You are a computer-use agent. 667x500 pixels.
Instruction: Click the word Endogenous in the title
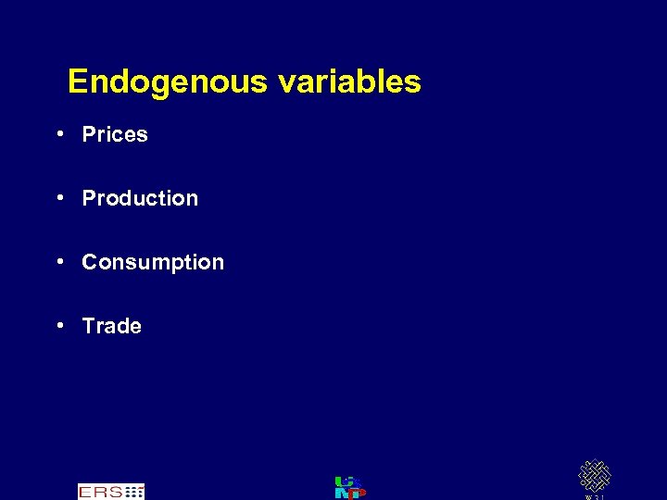[168, 82]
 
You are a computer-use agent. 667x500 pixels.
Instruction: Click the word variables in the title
[349, 81]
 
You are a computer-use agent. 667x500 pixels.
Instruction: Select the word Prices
[115, 134]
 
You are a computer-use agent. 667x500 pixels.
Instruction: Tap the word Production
[140, 198]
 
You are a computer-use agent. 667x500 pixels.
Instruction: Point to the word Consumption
[153, 262]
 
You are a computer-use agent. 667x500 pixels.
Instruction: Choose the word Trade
[112, 326]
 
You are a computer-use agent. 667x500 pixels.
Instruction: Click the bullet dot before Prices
[59, 134]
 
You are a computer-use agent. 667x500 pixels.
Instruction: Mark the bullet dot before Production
[59, 197]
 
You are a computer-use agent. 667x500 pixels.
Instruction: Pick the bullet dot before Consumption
[59, 261]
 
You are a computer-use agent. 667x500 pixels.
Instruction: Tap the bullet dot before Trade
[59, 325]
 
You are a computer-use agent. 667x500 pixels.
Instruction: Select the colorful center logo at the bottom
[349, 487]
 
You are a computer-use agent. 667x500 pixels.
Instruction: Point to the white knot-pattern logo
[594, 476]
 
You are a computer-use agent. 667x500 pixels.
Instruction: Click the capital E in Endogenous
[78, 82]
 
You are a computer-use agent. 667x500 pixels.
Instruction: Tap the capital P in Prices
[89, 134]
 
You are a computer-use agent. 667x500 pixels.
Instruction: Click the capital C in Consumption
[90, 262]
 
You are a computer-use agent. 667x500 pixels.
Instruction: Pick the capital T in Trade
[89, 326]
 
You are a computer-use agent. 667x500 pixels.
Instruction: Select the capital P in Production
[89, 198]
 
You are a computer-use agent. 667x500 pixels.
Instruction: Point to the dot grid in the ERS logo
[134, 492]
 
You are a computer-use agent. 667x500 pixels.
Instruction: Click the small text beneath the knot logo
[594, 497]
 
